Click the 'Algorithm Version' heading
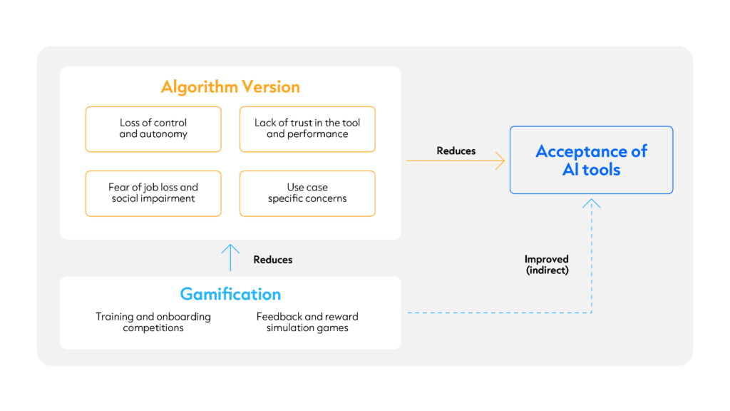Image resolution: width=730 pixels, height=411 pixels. click(x=230, y=87)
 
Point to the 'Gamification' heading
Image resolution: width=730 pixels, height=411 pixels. click(x=230, y=294)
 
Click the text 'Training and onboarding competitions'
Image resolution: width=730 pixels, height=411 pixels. click(x=153, y=322)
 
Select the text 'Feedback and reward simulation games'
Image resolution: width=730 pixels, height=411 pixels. click(x=307, y=322)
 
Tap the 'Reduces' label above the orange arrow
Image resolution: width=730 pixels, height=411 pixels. click(x=456, y=151)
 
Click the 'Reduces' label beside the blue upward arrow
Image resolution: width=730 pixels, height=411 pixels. click(x=273, y=260)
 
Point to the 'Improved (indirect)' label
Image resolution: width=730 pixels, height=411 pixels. click(x=547, y=265)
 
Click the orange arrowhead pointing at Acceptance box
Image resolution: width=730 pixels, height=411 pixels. click(x=501, y=161)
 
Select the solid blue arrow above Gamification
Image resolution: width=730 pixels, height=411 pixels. click(x=230, y=258)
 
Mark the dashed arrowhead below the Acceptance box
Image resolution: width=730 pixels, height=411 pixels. click(x=591, y=203)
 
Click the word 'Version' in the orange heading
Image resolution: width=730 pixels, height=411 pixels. click(x=271, y=87)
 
